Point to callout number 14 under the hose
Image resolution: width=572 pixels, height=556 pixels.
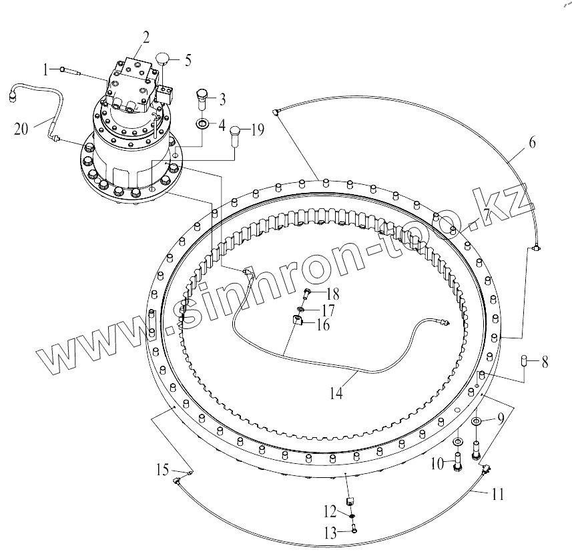click(x=336, y=394)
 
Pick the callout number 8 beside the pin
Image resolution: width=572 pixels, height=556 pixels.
click(x=545, y=363)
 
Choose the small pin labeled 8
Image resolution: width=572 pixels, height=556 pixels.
click(x=525, y=362)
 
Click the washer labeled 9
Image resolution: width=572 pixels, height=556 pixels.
click(x=477, y=422)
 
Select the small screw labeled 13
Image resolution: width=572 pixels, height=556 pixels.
click(x=353, y=529)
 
